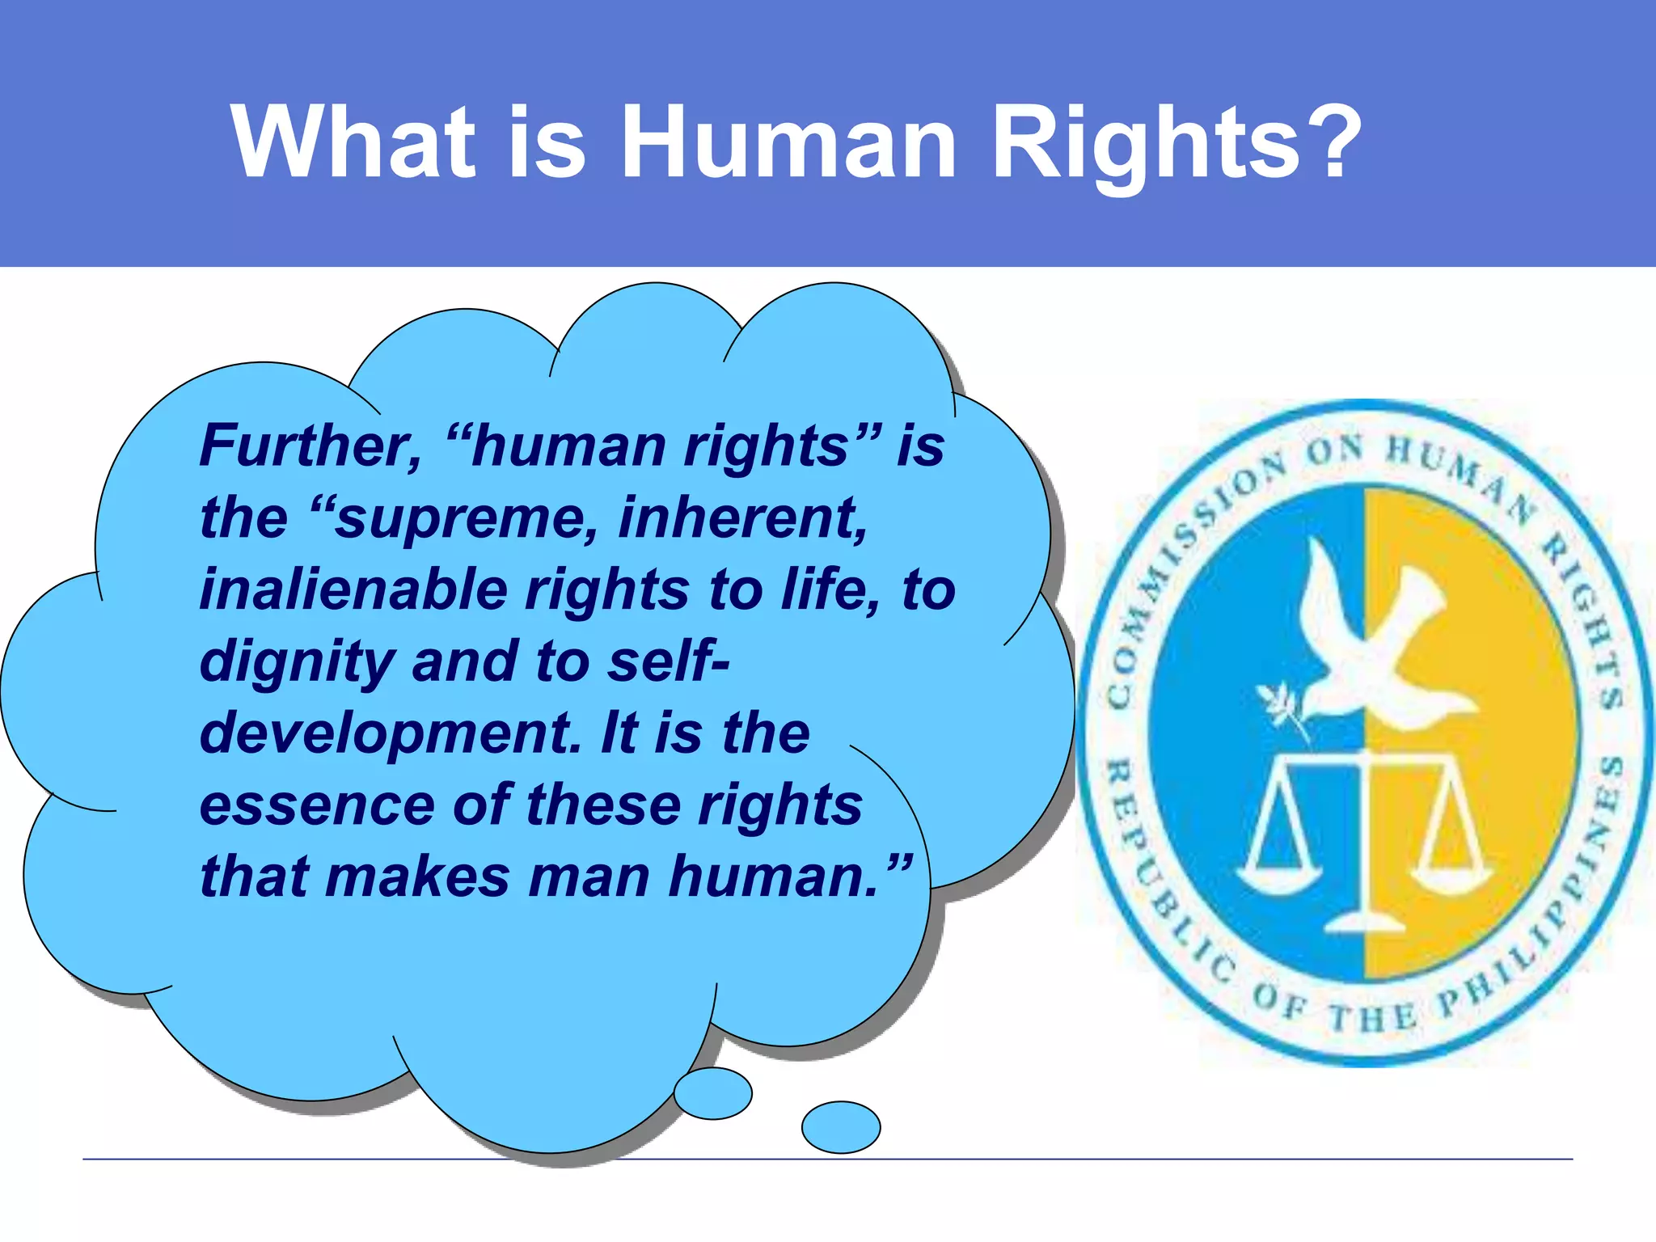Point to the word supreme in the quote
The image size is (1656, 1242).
[x=466, y=518]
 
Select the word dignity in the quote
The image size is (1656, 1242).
[x=296, y=661]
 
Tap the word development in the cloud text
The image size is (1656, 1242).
[x=389, y=733]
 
